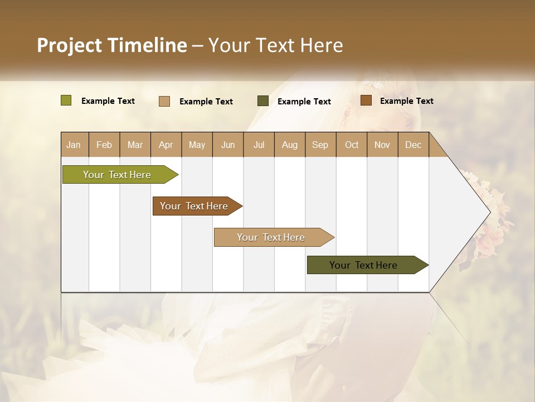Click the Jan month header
pos(74,145)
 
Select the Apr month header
pos(166,145)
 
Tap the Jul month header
pos(259,145)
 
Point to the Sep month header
pos(320,145)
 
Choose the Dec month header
pos(413,145)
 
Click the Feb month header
pos(104,145)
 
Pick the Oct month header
pos(352,145)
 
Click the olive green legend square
pos(66,100)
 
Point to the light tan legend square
pos(164,101)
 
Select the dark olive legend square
pos(263,100)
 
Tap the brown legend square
pos(366,100)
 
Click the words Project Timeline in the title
pos(111,45)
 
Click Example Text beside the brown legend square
pos(406,100)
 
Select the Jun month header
pos(228,145)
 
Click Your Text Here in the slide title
pos(275,45)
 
